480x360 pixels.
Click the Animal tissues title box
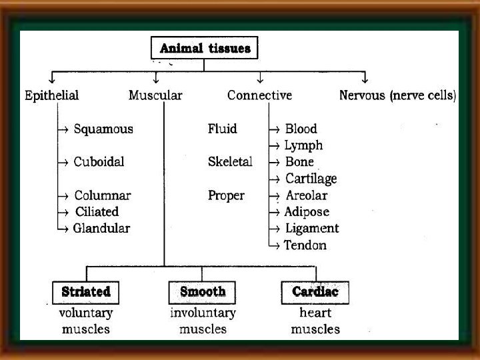tap(205, 48)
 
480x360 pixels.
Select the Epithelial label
tap(51, 95)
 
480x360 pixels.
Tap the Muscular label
tap(155, 95)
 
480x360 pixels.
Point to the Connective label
tap(259, 95)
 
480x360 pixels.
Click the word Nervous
tap(362, 95)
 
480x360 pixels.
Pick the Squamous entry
tap(103, 129)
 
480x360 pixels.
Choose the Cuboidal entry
tap(99, 161)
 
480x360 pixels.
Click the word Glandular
tap(101, 228)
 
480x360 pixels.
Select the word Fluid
tap(222, 129)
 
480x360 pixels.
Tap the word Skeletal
tap(230, 162)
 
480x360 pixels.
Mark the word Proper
tap(226, 195)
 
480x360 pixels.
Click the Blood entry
tap(301, 129)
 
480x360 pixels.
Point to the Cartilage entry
tap(311, 178)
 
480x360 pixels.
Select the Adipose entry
tap(307, 212)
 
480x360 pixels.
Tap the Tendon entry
tap(305, 245)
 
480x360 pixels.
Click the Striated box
tap(85, 292)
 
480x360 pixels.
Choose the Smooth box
tap(203, 292)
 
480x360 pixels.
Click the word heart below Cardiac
tap(315, 313)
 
